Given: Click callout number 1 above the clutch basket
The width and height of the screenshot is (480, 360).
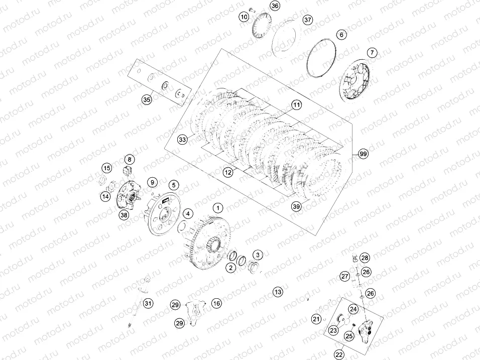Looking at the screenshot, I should (218, 207).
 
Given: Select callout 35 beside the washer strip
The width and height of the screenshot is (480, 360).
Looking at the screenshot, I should (146, 99).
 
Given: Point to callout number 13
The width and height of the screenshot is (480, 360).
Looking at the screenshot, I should (278, 291).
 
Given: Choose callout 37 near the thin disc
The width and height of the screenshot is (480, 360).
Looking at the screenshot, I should (308, 20).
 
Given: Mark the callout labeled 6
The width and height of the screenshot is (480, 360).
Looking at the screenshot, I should (341, 35).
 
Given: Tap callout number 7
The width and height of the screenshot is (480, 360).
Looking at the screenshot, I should (372, 52).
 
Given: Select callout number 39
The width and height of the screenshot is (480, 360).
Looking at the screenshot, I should (297, 206).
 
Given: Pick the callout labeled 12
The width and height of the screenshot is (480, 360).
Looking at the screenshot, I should (228, 172).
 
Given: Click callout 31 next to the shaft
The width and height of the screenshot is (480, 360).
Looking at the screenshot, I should (148, 303).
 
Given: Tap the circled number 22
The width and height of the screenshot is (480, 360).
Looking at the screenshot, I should (340, 354).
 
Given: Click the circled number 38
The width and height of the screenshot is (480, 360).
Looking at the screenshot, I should (124, 215).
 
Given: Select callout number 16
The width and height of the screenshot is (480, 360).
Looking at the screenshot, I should (216, 303).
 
